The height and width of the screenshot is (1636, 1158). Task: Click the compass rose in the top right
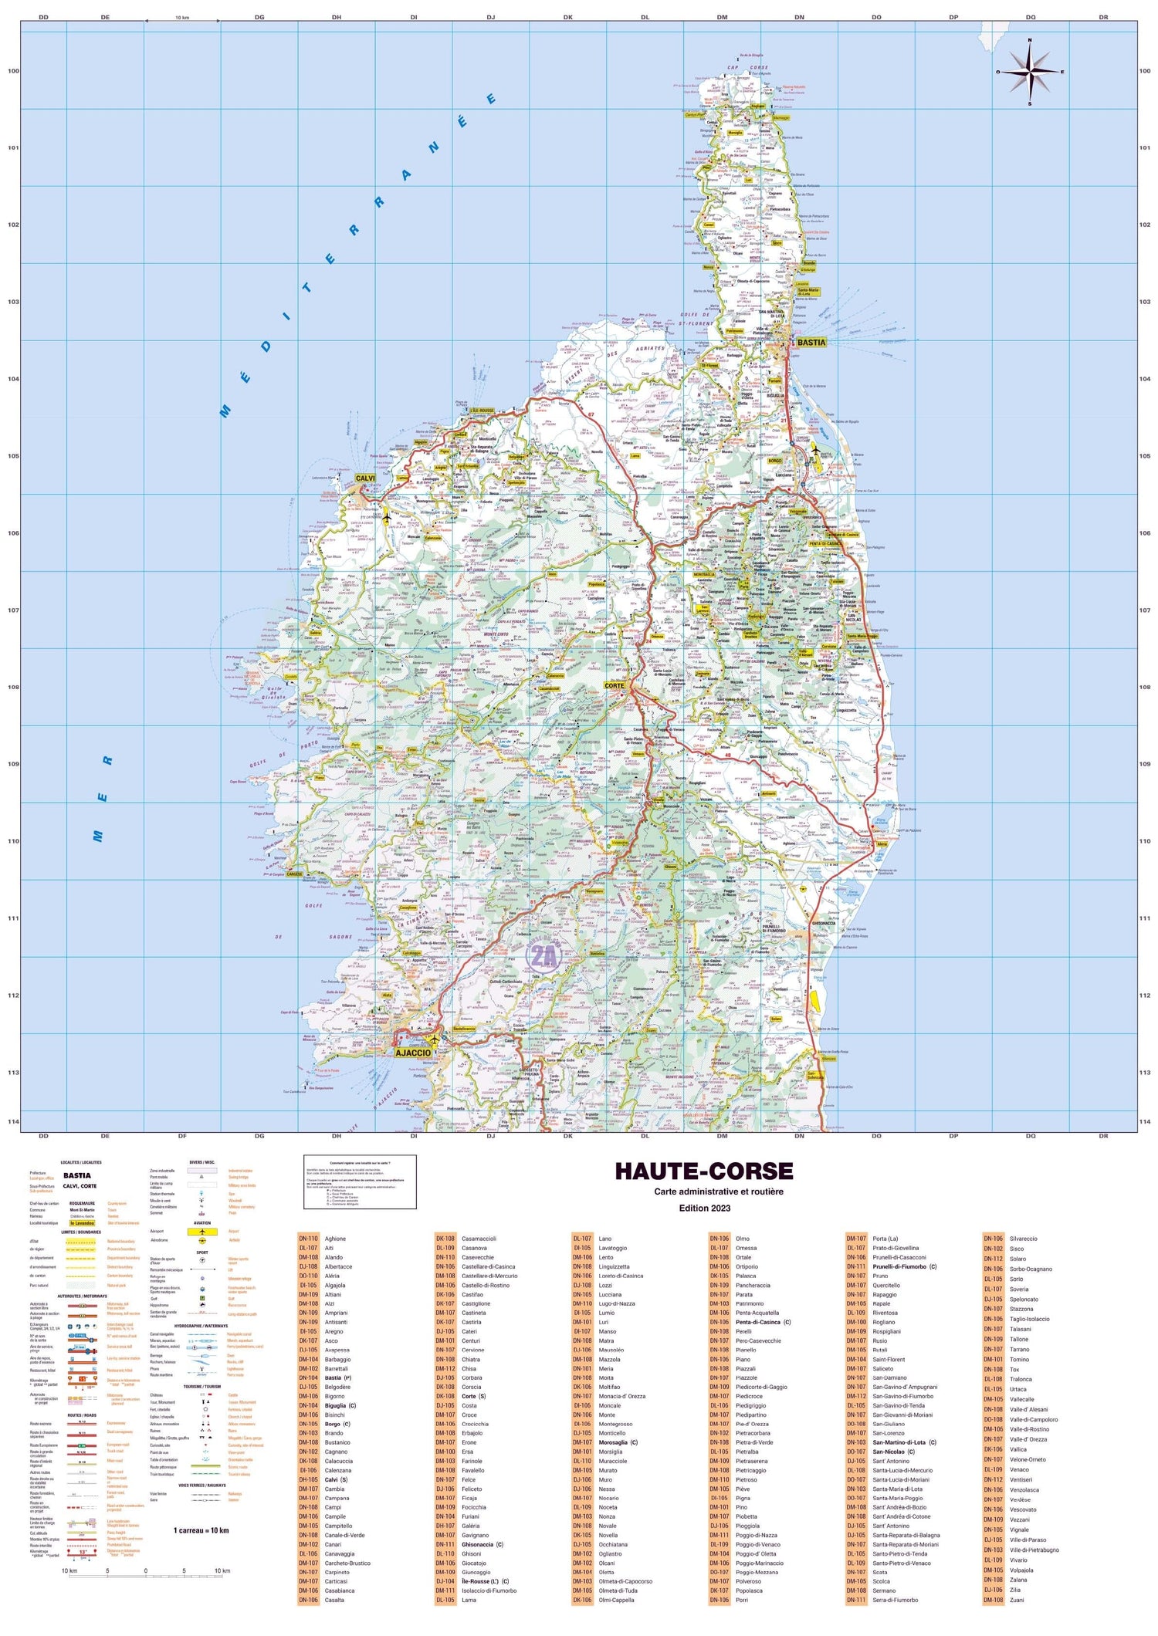[x=1030, y=72]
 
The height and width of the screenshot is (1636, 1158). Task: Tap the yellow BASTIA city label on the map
[x=811, y=342]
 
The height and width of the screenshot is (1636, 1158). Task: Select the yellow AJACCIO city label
[x=413, y=1053]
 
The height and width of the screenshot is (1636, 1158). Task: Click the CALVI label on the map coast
[x=365, y=478]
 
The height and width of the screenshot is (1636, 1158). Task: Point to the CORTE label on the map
[x=615, y=685]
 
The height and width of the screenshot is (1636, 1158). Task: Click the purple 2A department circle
[x=543, y=957]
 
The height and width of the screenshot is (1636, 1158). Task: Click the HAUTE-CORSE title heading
[x=703, y=1171]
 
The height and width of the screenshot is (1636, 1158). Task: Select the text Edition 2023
[x=704, y=1208]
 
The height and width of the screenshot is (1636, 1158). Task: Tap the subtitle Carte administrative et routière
[x=719, y=1192]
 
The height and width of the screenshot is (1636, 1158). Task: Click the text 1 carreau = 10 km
[x=201, y=1530]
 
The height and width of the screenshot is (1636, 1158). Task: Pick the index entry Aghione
[x=335, y=1239]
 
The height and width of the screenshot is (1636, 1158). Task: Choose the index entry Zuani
[x=1017, y=1600]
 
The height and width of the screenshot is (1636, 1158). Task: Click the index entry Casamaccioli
[x=479, y=1239]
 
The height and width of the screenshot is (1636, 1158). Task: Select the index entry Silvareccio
[x=1023, y=1239]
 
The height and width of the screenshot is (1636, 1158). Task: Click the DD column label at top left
[x=43, y=17]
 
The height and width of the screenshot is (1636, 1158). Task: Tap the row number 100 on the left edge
[x=13, y=71]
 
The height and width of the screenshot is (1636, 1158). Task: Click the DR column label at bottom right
[x=1103, y=1136]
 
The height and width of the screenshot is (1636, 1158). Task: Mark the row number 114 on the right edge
[x=1144, y=1121]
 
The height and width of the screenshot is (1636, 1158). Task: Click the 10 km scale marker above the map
[x=182, y=17]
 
